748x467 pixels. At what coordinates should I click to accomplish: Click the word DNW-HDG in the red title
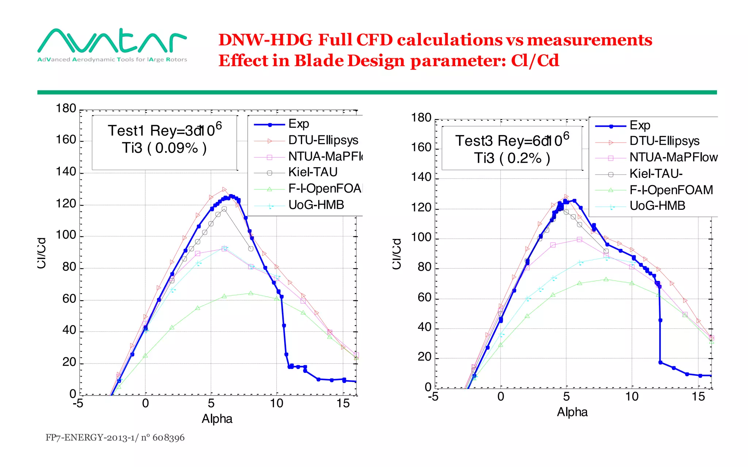pyautogui.click(x=265, y=40)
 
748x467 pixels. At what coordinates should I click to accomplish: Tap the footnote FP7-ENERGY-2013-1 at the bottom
pyautogui.click(x=115, y=437)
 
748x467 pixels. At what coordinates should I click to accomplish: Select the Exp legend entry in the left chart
pyautogui.click(x=298, y=124)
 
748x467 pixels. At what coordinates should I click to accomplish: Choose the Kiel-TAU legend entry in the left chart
pyautogui.click(x=313, y=172)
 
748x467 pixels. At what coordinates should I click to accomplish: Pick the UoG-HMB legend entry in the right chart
pyautogui.click(x=657, y=206)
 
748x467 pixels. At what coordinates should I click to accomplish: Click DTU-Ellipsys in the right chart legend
pyautogui.click(x=664, y=141)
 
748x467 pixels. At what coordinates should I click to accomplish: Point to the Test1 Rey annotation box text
pyautogui.click(x=164, y=131)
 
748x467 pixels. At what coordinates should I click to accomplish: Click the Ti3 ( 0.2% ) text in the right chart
pyautogui.click(x=512, y=158)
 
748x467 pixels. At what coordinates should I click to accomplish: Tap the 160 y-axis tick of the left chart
pyautogui.click(x=66, y=140)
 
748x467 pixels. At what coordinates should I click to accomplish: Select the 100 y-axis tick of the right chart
pyautogui.click(x=421, y=238)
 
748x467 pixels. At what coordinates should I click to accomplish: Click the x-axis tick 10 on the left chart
pyautogui.click(x=276, y=404)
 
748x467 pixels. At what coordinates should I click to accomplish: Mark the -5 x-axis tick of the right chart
pyautogui.click(x=433, y=397)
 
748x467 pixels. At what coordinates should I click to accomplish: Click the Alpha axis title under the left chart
pyautogui.click(x=217, y=419)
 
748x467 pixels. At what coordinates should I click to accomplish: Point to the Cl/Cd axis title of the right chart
pyautogui.click(x=397, y=254)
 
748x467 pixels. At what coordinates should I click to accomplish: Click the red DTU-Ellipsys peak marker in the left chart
pyautogui.click(x=224, y=189)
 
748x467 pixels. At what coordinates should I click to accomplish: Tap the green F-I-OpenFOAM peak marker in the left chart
pyautogui.click(x=251, y=293)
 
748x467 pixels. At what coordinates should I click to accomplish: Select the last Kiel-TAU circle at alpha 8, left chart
pyautogui.click(x=251, y=249)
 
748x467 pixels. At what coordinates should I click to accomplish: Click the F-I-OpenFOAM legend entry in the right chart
pyautogui.click(x=671, y=190)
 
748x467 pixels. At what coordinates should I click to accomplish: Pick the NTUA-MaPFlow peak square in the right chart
pyautogui.click(x=579, y=239)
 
